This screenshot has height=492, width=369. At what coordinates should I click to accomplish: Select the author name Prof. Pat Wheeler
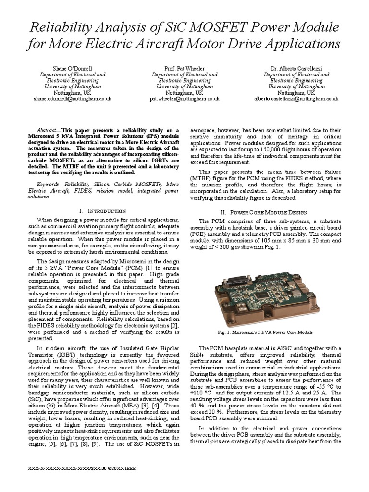[184, 68]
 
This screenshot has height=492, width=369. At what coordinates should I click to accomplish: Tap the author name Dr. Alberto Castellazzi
[296, 68]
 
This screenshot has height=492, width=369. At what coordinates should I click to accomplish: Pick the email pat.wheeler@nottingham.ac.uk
[184, 98]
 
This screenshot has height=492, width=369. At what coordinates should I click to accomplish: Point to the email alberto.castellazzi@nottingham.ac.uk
[296, 98]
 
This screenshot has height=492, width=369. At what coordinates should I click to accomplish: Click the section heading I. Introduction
[103, 211]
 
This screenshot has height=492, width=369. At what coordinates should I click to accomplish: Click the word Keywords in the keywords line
[50, 184]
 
